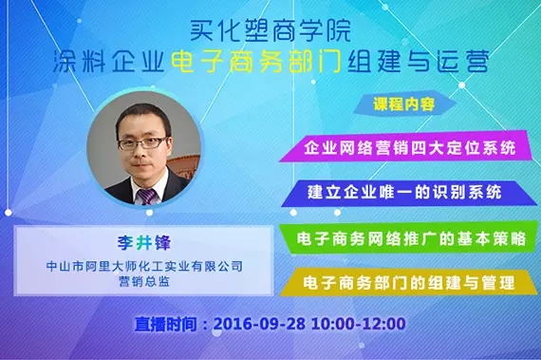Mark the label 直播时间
coord(169,324)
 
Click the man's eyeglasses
coord(142,143)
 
